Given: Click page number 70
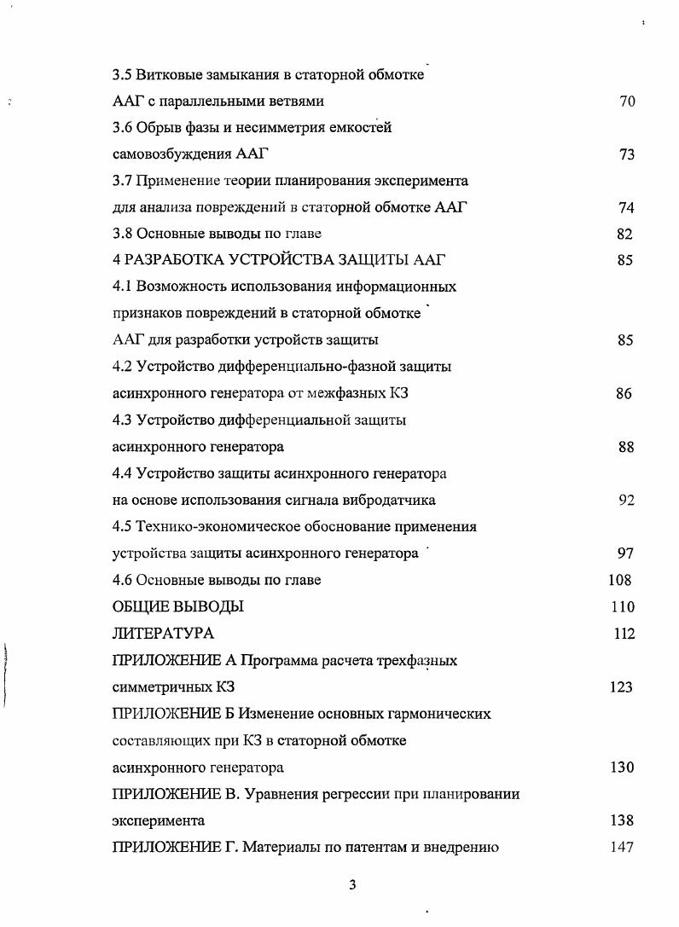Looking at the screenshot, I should [627, 101].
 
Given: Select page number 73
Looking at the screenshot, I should [627, 155].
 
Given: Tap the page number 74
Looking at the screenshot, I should [627, 208].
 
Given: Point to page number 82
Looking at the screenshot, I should [624, 235].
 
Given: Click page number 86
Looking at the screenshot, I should [624, 394].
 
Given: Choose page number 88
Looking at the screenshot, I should [626, 447].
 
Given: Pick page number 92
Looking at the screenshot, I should [626, 501].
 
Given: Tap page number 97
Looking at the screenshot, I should [625, 553].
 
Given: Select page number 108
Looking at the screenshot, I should [620, 580].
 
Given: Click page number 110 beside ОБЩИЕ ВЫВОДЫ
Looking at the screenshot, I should [623, 607].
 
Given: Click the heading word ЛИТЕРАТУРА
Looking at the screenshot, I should [163, 634].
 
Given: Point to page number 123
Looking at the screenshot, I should [621, 687].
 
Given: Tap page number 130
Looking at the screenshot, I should [622, 768].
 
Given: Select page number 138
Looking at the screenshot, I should [622, 821].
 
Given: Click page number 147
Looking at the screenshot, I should [622, 848].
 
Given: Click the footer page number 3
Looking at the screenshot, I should [351, 884].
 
